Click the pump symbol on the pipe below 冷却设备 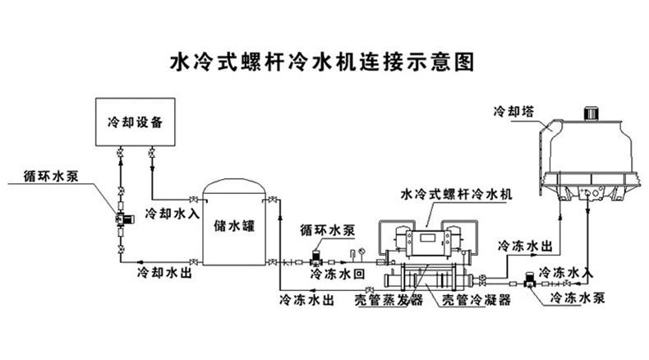(x=122, y=219)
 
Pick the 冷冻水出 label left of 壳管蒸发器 (x=306, y=300)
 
